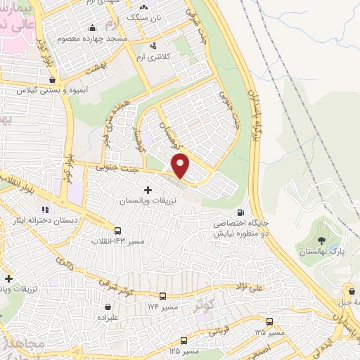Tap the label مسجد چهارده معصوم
pos(98,38)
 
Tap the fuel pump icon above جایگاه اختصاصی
pos(241,212)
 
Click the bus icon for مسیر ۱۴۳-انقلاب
pos(117,230)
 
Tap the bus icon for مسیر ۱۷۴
pos(163,297)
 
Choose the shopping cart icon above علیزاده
pos(108,307)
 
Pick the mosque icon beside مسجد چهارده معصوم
pos(91,28)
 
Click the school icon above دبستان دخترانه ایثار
pos(45,209)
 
